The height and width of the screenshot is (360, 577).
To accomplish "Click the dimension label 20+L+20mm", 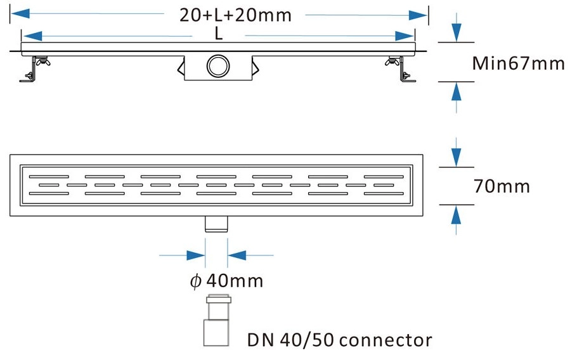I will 235,15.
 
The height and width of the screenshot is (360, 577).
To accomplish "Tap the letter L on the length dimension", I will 219,35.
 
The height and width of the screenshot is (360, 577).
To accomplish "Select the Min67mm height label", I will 518,63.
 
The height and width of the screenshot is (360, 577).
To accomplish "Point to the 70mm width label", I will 502,186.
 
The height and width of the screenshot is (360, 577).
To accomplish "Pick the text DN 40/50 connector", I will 339,340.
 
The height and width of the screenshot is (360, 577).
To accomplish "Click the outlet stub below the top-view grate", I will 216,224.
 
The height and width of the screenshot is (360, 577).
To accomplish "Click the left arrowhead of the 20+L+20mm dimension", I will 20,15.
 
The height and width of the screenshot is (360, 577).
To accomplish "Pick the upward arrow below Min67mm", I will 456,91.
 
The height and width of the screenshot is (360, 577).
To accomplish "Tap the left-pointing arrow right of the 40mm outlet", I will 237,255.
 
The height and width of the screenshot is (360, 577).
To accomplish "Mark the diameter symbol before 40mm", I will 195,281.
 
